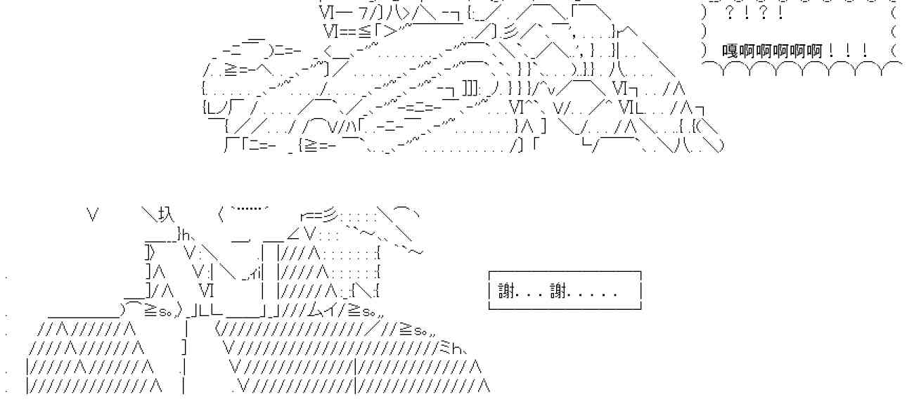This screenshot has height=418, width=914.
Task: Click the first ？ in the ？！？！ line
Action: coord(730,14)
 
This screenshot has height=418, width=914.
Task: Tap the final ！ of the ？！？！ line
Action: coord(780,14)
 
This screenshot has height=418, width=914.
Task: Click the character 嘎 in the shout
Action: coord(730,51)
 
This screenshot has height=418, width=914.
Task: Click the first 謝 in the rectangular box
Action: coord(506,291)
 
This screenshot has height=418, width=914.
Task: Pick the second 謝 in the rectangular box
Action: coord(558,291)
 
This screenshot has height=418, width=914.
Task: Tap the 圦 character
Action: coord(167,214)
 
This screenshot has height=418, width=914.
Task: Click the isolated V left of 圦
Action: coord(93,214)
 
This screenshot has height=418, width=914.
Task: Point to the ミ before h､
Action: coord(445,348)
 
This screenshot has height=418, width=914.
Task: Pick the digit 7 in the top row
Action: coord(362,14)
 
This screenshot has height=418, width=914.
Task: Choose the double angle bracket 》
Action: coord(150,253)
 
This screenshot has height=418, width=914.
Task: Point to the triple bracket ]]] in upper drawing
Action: coord(470,89)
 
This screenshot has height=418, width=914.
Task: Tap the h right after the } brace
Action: coord(186,235)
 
